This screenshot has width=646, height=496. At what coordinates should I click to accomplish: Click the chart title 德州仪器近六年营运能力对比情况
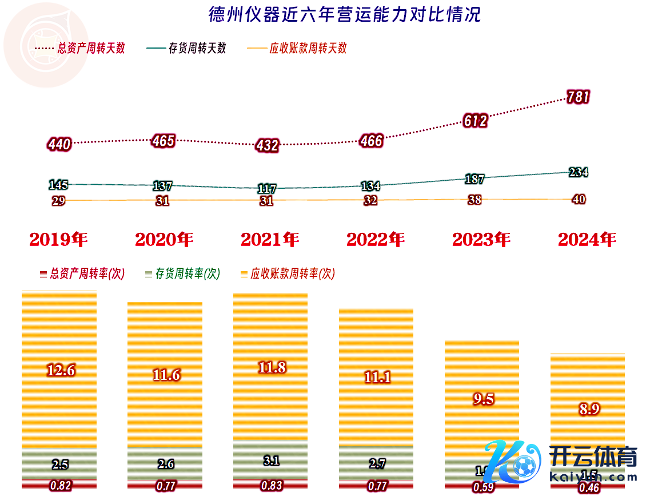pos(345,14)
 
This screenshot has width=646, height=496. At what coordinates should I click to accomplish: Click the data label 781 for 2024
pos(578,97)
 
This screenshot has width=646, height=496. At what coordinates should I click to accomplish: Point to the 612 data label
pos(476,121)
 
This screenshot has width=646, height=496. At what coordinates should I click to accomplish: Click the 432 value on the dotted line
pos(267,145)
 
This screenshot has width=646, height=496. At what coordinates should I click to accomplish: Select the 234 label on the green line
pos(579,172)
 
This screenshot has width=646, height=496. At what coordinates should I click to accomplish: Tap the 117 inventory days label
pos(267,188)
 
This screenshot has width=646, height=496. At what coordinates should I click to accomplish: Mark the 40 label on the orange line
pos(579,200)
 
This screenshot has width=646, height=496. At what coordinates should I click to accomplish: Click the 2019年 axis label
pos(58,240)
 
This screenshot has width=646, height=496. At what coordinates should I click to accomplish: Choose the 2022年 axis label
pos(376,240)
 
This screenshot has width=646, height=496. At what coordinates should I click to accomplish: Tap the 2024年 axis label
pos(587,240)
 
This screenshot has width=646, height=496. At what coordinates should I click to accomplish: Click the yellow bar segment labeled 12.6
pos(59,370)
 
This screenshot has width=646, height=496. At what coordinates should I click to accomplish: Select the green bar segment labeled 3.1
pos(271,459)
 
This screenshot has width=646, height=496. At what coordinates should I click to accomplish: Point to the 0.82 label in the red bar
pos(60,486)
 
